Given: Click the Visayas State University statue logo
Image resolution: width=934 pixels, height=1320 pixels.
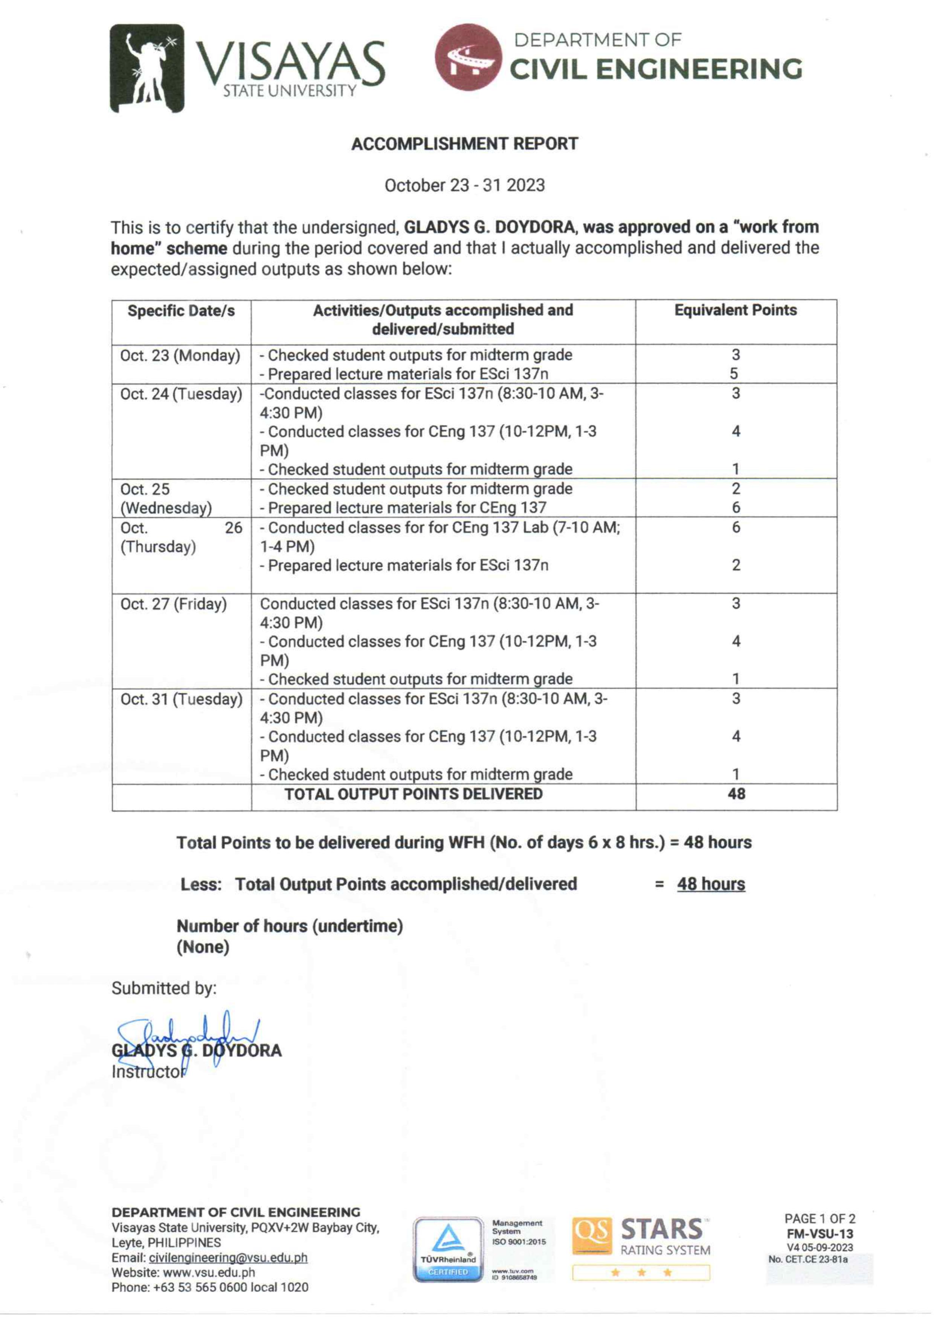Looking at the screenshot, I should (147, 68).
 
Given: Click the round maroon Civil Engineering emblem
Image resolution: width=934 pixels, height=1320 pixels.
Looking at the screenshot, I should (468, 58).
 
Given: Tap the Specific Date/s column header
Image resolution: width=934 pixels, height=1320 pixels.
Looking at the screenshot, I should (181, 311).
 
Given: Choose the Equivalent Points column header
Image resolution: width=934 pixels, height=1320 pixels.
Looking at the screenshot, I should (735, 311).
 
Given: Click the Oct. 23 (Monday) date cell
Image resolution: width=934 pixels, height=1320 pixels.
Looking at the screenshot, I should (180, 356).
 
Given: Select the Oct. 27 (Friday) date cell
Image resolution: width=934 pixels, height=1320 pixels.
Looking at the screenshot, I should (174, 604).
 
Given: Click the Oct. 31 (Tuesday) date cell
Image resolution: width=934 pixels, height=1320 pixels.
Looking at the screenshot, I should (181, 699).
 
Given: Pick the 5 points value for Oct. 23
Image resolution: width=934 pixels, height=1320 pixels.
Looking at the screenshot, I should (734, 374).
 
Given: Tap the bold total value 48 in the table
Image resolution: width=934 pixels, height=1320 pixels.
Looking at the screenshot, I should (736, 794).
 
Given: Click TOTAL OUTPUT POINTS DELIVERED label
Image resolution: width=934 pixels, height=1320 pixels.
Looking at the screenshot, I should (414, 794).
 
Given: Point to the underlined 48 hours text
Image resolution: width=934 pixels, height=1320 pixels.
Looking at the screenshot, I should (711, 884).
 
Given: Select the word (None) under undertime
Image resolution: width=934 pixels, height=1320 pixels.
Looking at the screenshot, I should (203, 947).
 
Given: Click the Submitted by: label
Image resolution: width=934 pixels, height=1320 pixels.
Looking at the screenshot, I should (164, 989).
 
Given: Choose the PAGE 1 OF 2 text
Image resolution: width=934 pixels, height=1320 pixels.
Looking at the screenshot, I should (820, 1219).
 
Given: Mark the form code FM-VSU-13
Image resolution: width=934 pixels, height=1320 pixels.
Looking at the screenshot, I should (820, 1234).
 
